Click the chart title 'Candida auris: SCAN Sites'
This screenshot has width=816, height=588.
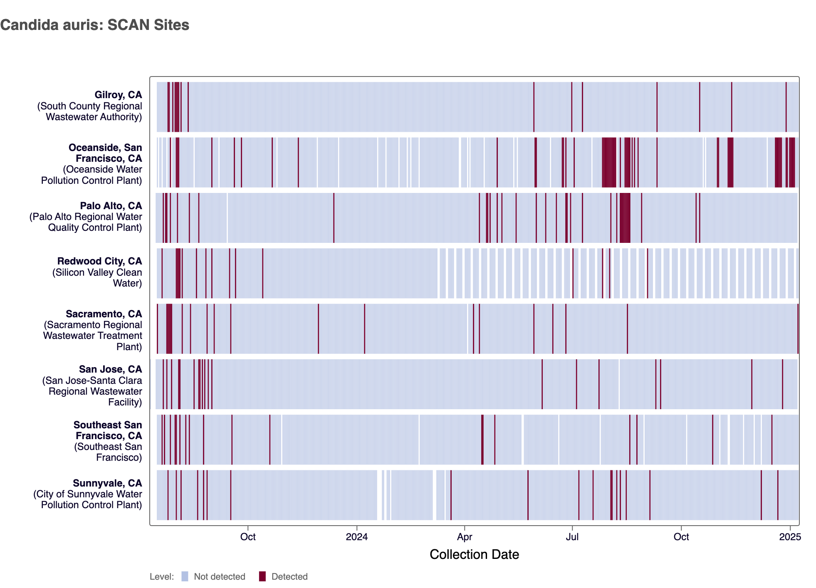coord(95,25)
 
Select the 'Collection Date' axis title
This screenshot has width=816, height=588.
coord(474,554)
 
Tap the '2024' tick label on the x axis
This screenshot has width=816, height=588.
coord(357,537)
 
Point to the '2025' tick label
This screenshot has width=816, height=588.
coord(790,537)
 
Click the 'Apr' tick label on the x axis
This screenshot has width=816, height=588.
coord(465,537)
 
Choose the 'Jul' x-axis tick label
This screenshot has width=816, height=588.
coord(572,537)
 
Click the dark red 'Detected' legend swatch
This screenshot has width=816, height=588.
coord(262,576)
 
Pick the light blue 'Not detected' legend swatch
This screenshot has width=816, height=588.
coord(185,576)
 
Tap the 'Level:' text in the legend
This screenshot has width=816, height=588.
coord(162,577)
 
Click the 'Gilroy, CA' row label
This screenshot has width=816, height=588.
coord(118,95)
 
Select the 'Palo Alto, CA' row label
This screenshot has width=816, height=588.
coord(111,206)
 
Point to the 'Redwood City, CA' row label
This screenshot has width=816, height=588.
coord(99,261)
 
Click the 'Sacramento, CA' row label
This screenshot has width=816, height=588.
coord(104,314)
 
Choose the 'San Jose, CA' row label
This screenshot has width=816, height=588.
coord(110,369)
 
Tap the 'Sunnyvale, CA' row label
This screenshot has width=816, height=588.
coord(107,483)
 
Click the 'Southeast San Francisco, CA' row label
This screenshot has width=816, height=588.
coord(108,430)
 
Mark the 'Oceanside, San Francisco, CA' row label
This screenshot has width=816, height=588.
coord(105,153)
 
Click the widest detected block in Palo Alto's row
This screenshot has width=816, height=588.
coord(625,217)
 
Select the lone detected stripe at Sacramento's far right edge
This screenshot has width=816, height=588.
coord(798,329)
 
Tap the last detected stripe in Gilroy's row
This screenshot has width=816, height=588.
coord(786,107)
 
